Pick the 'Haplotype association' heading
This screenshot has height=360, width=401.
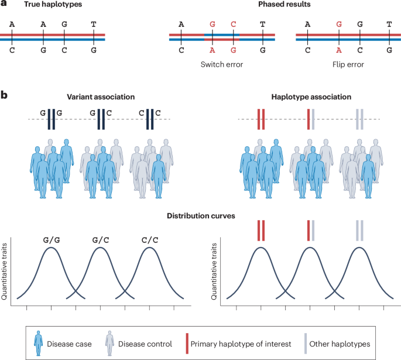pos(309,97)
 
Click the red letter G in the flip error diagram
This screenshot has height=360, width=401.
pos(338,24)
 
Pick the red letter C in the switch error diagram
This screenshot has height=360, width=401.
pos(233,24)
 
